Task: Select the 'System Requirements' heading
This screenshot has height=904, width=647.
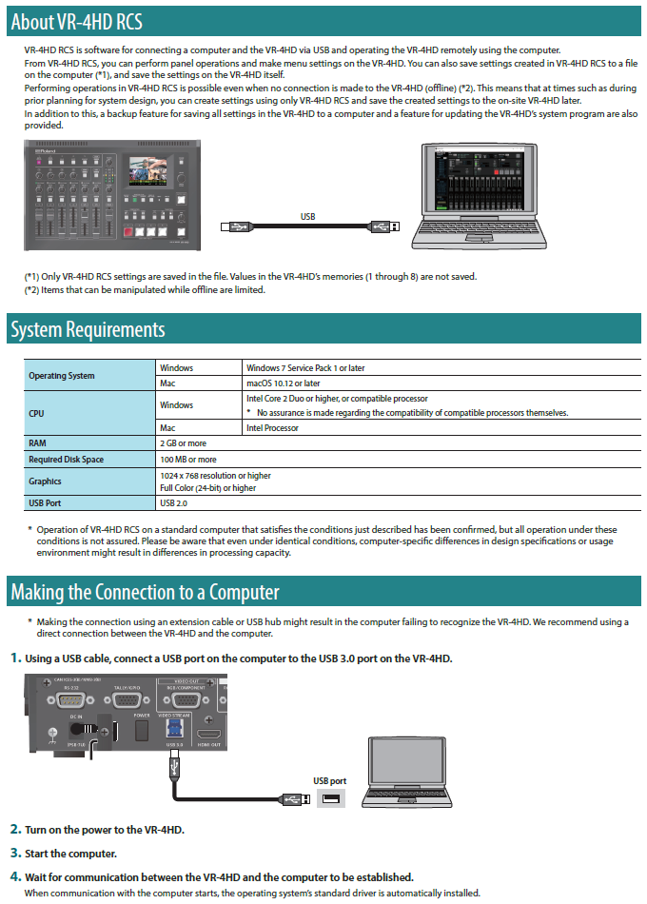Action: [88, 329]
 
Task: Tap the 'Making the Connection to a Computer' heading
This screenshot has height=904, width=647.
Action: [145, 592]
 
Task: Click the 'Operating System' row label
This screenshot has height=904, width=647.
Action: [62, 376]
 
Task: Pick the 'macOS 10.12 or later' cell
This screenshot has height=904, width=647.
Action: [283, 383]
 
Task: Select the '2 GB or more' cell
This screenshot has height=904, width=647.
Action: [183, 443]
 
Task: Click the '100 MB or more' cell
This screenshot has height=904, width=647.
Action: [187, 460]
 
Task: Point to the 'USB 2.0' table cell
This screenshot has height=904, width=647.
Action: [174, 502]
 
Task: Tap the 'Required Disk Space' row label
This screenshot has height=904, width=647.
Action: [67, 460]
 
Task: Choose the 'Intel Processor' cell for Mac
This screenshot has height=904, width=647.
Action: [272, 428]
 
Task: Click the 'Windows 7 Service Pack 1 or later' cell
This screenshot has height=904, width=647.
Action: [304, 368]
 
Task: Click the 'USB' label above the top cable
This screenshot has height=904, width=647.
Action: [307, 217]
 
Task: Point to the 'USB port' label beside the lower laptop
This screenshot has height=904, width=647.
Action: [330, 781]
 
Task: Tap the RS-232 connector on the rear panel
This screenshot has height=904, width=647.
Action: [68, 699]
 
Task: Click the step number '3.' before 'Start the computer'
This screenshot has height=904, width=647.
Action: [16, 853]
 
